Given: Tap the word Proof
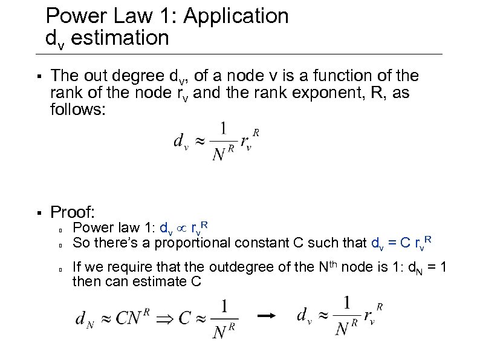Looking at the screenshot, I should pos(73,212).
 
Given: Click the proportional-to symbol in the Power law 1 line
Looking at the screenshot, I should pos(183,229).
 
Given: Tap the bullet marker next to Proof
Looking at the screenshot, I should pos(37,213).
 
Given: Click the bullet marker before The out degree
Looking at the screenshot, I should pos(37,77).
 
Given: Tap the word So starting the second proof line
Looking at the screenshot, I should pos(80,243).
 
